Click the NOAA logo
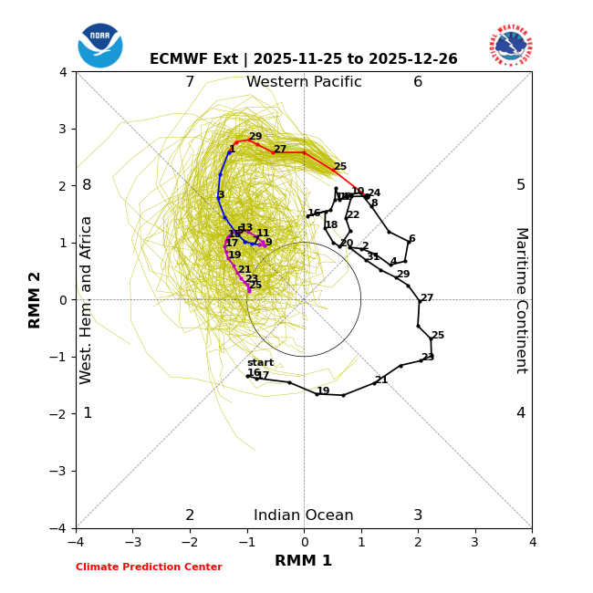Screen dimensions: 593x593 pos(100,46)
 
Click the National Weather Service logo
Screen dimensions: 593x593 pos(511,46)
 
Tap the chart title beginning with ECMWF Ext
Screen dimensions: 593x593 pos(304,59)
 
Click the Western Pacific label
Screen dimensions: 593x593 pos(304,82)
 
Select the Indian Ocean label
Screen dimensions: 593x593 pos(304,515)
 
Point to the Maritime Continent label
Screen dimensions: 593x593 pos(521,299)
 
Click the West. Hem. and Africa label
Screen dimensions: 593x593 pos(87,299)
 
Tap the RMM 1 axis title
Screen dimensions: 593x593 pos(304,561)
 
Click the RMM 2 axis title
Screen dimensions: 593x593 pos(36,299)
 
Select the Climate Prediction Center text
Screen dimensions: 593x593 pos(149,567)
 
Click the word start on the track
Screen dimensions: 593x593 pos(260,363)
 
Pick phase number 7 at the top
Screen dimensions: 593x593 pos(190,82)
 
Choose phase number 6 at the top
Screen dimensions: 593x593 pos(418,82)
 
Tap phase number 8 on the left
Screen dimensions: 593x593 pos(87,185)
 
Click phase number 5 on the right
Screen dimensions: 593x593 pos(521,185)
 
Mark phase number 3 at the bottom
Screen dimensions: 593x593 pos(418,515)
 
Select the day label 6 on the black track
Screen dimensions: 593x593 pos(411,239)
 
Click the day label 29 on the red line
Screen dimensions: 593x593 pos(255,137)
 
